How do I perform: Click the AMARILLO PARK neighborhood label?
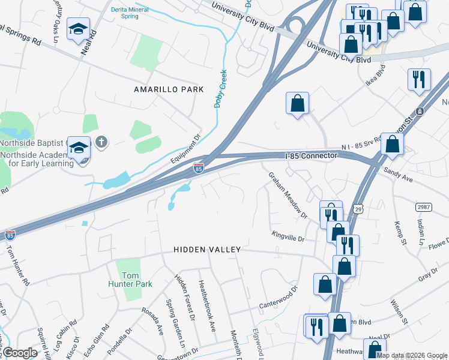(169, 89)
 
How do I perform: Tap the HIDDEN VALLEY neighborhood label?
(207, 249)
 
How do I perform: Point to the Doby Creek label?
(221, 89)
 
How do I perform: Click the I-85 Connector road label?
(313, 156)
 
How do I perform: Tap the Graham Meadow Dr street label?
(288, 194)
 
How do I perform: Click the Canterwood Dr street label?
(279, 298)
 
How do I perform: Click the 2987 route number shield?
(423, 207)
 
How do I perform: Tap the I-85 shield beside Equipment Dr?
(198, 168)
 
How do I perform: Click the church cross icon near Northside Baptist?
(101, 142)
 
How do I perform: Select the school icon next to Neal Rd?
(78, 30)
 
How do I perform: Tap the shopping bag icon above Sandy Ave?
(392, 143)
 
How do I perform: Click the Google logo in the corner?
(20, 353)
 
